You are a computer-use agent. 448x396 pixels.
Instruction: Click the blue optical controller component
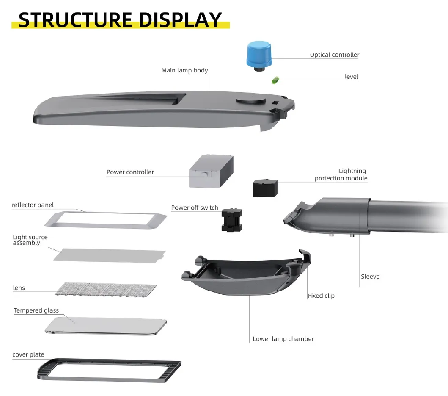tap(259, 54)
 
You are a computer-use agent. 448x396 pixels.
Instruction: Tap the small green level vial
tap(275, 79)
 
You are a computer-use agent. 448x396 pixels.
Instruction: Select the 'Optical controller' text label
tap(334, 55)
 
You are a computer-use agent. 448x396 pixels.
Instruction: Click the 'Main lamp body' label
tap(184, 70)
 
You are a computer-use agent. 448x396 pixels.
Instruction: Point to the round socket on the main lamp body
tap(250, 100)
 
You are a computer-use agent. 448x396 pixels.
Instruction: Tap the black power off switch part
tap(232, 220)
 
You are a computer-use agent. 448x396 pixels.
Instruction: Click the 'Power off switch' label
tap(195, 208)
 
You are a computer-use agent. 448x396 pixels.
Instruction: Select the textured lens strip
tap(106, 289)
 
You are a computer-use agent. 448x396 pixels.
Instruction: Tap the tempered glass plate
tap(106, 326)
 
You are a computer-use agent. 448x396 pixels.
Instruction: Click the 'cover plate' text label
tap(28, 355)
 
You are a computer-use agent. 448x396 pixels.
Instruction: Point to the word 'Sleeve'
tap(370, 277)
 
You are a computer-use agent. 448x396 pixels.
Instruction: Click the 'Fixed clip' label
tap(321, 296)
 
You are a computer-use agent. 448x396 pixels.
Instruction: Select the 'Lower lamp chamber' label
tap(283, 339)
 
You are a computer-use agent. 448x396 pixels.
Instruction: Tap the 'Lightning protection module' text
tap(341, 174)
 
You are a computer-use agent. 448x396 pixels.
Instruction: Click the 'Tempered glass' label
tap(36, 310)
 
